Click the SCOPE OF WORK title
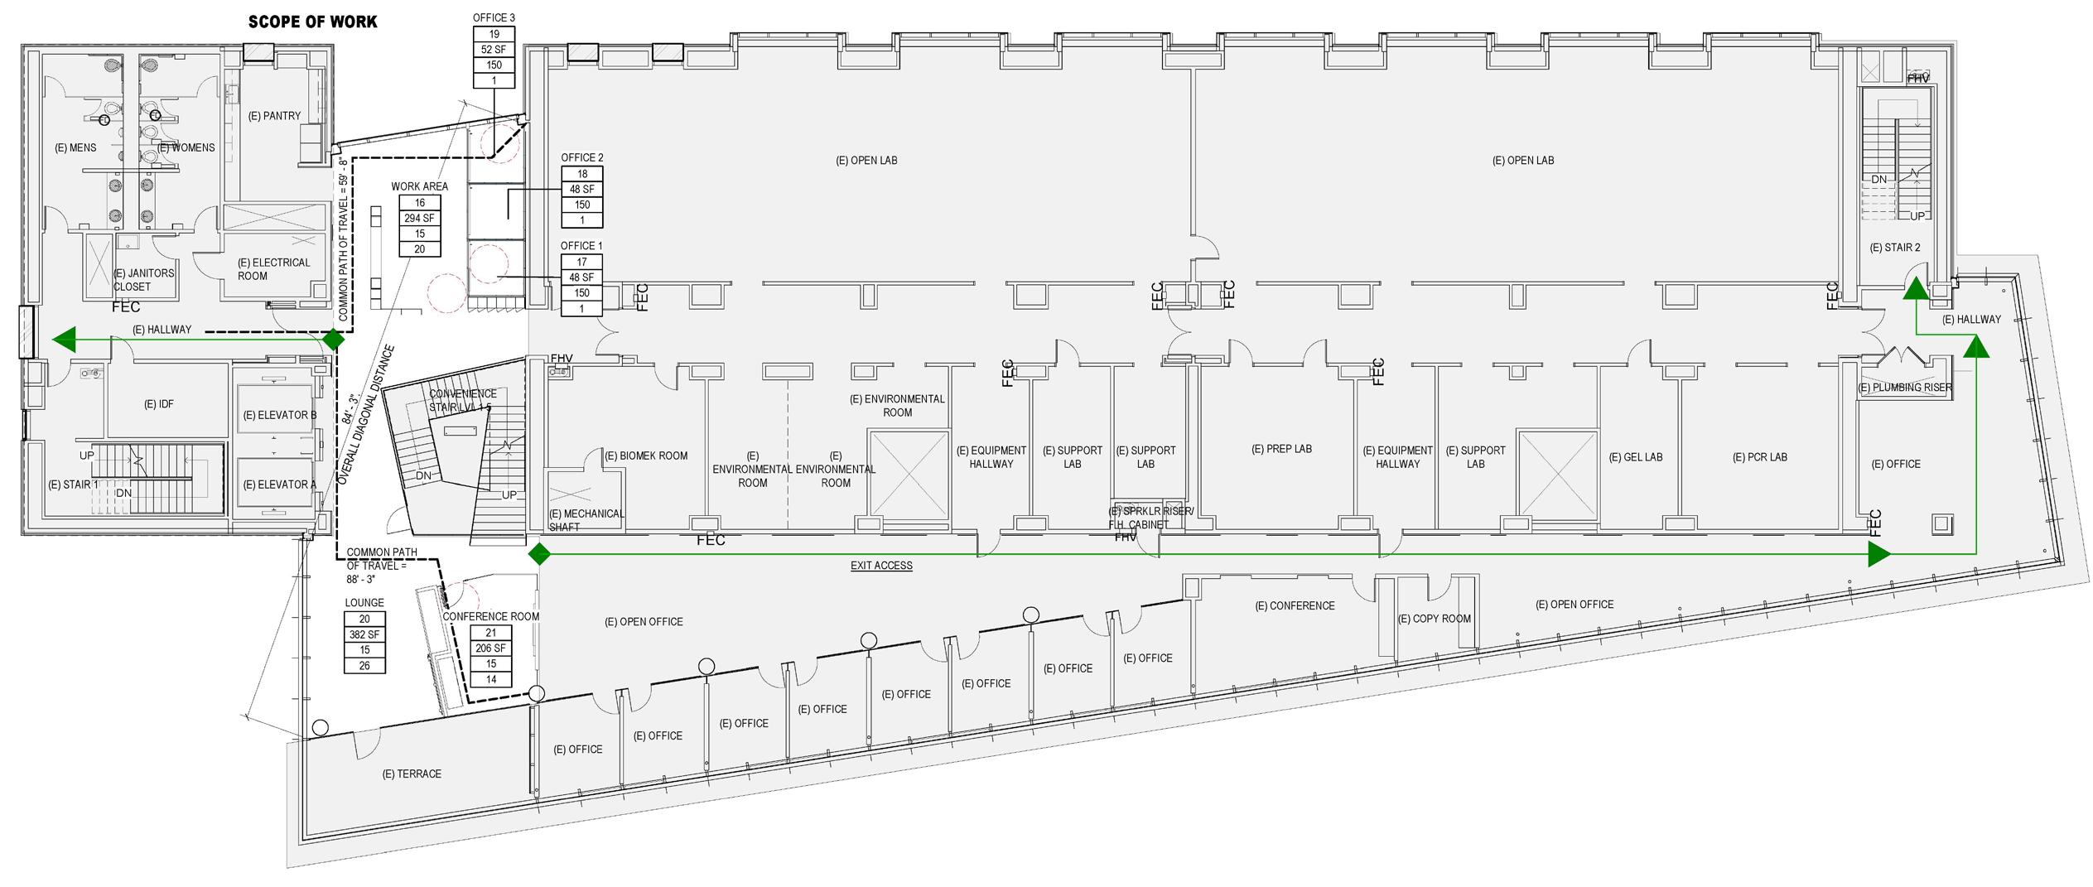tap(312, 22)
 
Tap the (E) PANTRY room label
tap(274, 116)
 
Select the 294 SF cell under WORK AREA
tap(419, 219)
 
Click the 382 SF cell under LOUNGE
tap(364, 634)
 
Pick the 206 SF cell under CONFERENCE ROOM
tap(491, 648)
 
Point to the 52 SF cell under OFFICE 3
tap(494, 50)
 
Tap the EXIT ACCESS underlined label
tap(881, 566)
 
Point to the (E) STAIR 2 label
tap(1895, 248)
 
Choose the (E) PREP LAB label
tap(1281, 449)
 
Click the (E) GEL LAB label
tap(1635, 457)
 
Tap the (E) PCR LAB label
tap(1759, 457)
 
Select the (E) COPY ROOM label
tap(1434, 619)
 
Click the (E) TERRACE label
tap(412, 774)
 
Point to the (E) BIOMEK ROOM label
tap(646, 456)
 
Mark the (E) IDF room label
tap(159, 404)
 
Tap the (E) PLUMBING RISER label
tap(1905, 388)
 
